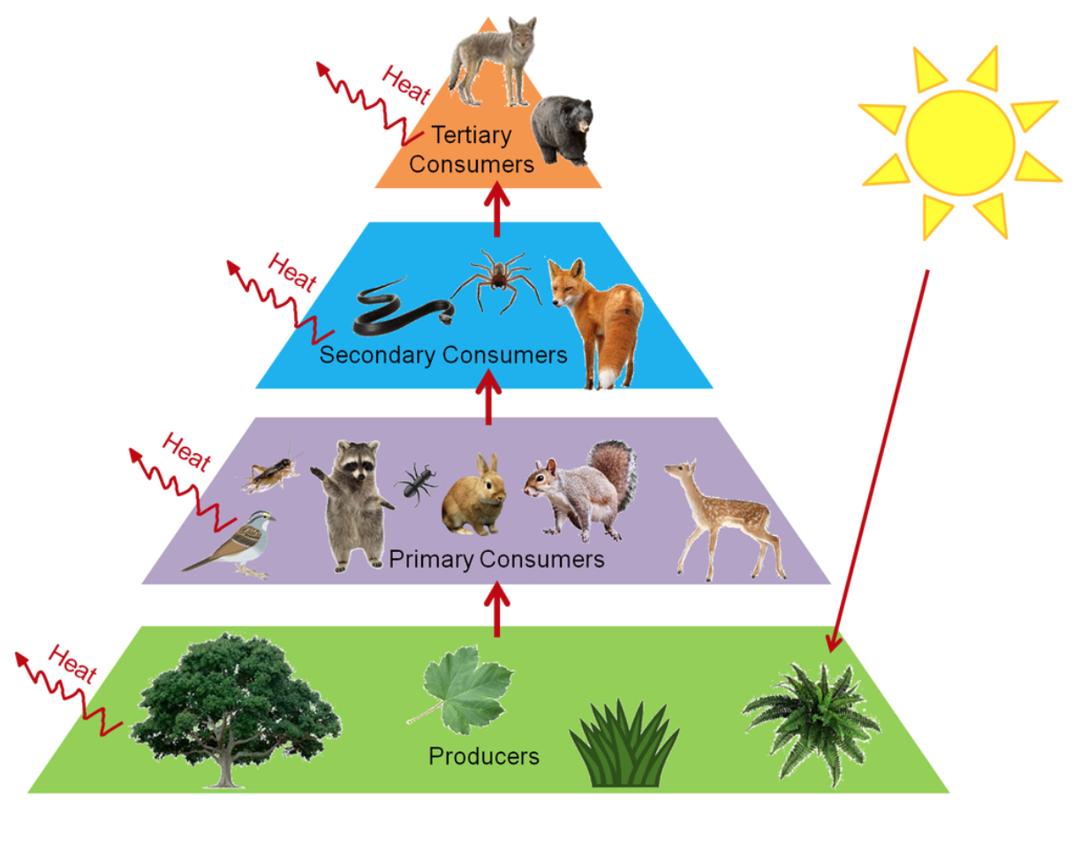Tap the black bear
click(562, 129)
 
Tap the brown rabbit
click(475, 497)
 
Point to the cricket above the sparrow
click(267, 473)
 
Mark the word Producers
click(484, 757)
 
